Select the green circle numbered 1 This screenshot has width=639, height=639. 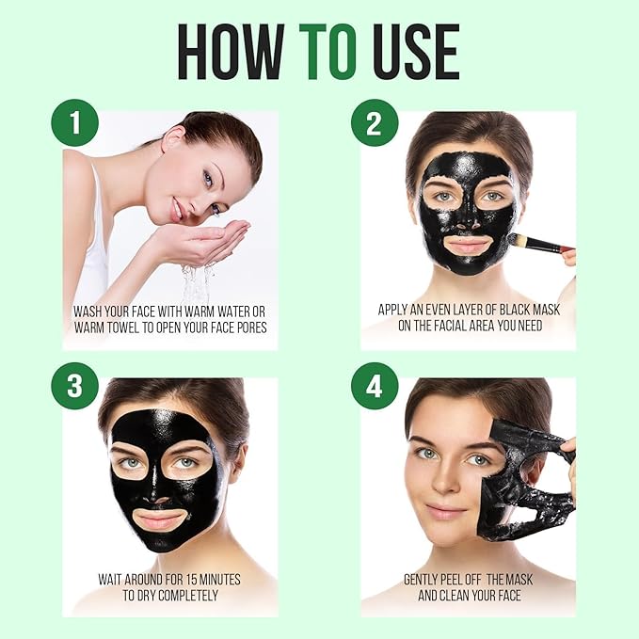coord(75,123)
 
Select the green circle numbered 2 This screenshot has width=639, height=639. coord(375,123)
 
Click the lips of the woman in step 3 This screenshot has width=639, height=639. coord(161,519)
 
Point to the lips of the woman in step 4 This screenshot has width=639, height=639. coord(445,511)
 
